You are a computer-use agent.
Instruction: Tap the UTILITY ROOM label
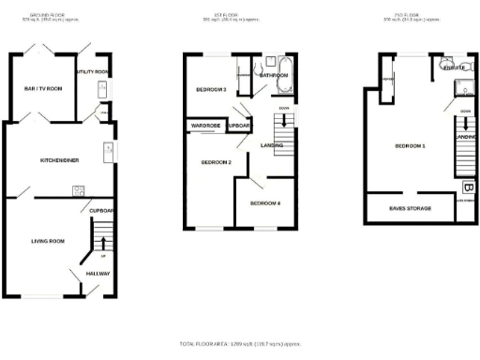pos(94,71)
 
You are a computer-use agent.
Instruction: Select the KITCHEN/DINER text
pos(58,160)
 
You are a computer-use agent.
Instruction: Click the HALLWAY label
pos(97,274)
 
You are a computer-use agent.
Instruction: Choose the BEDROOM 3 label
pos(211,89)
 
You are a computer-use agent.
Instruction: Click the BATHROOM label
pos(274,74)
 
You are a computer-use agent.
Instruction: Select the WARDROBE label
pos(205,125)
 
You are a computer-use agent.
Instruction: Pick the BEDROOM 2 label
pos(217,162)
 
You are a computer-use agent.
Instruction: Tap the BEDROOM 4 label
pos(264,203)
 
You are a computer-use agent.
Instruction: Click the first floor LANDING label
pos(273,143)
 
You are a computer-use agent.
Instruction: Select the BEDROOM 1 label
pos(410,146)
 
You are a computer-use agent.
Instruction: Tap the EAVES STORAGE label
pos(410,208)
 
